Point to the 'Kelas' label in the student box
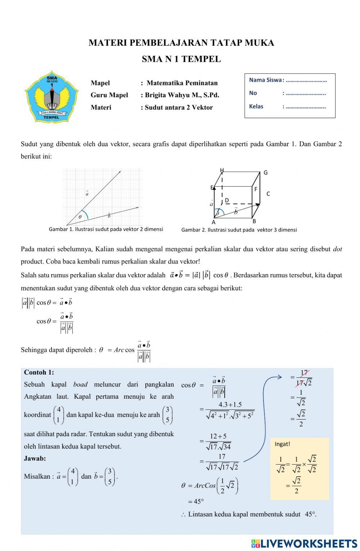coord(256,106)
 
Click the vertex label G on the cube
coord(266,173)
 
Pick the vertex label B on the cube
coord(254,221)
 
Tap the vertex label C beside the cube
coord(268,194)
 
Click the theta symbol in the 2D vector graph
coord(80,217)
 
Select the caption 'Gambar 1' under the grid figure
coord(106,229)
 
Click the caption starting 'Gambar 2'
coord(239,230)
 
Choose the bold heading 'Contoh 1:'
coord(39,372)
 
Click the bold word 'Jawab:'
coord(35,458)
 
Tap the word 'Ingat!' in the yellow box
coord(282,444)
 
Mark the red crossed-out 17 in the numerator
coord(304,373)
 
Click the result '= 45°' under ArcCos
coord(196,501)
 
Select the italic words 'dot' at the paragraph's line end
coord(337,249)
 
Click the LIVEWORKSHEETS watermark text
coord(309,543)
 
